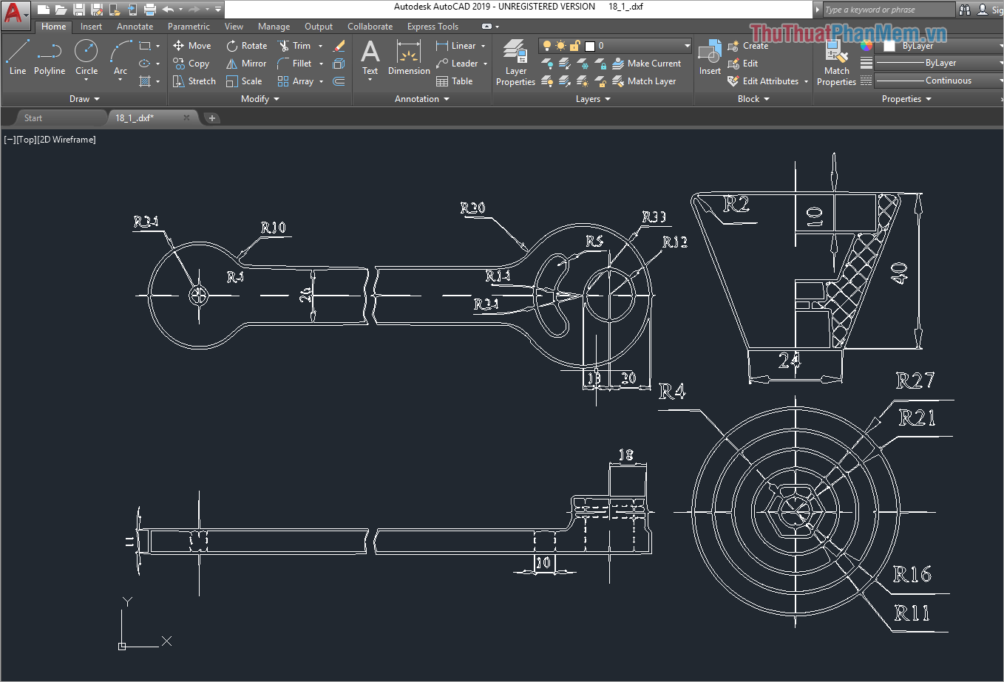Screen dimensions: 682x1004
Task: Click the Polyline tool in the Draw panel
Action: tap(49, 57)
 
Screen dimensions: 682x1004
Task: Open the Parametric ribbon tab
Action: tap(189, 27)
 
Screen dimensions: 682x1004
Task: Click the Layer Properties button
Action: tap(515, 63)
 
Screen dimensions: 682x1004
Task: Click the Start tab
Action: tap(33, 118)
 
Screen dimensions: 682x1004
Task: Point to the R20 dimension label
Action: tap(473, 208)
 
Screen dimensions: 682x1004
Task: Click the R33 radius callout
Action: tap(654, 216)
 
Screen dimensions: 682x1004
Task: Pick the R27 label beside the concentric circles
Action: tap(915, 381)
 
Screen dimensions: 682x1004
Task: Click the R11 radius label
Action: tap(912, 613)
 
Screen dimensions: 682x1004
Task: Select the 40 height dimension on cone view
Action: tap(899, 273)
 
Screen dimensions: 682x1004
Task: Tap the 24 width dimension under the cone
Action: tap(790, 360)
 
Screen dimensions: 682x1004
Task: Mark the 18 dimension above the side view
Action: tap(625, 455)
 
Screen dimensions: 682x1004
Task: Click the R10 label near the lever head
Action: tap(273, 228)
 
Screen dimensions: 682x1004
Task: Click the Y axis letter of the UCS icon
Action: tap(127, 601)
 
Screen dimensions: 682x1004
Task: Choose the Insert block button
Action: tap(710, 58)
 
